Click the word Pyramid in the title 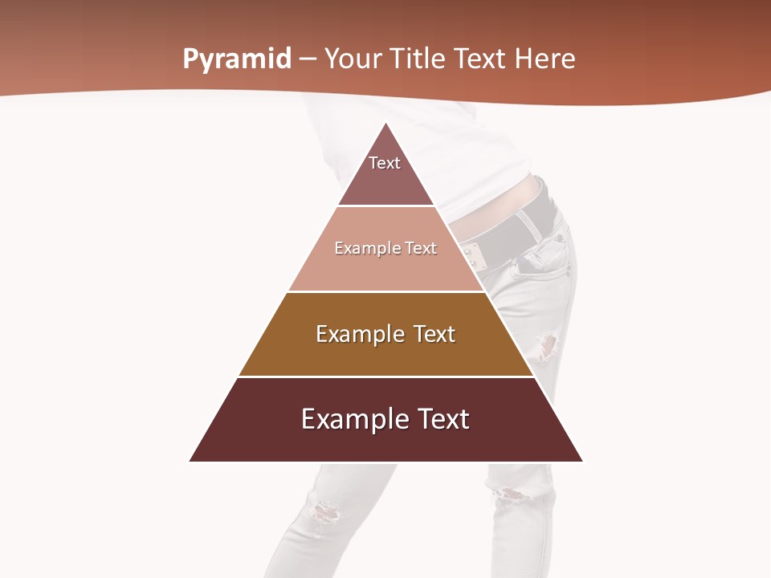pos(237,59)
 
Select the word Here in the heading pos(545,59)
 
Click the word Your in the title pos(352,59)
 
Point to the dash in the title pos(308,59)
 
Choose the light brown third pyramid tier pos(385,353)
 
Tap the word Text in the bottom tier pos(440,419)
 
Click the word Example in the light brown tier pos(353,334)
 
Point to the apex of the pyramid pos(386,124)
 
